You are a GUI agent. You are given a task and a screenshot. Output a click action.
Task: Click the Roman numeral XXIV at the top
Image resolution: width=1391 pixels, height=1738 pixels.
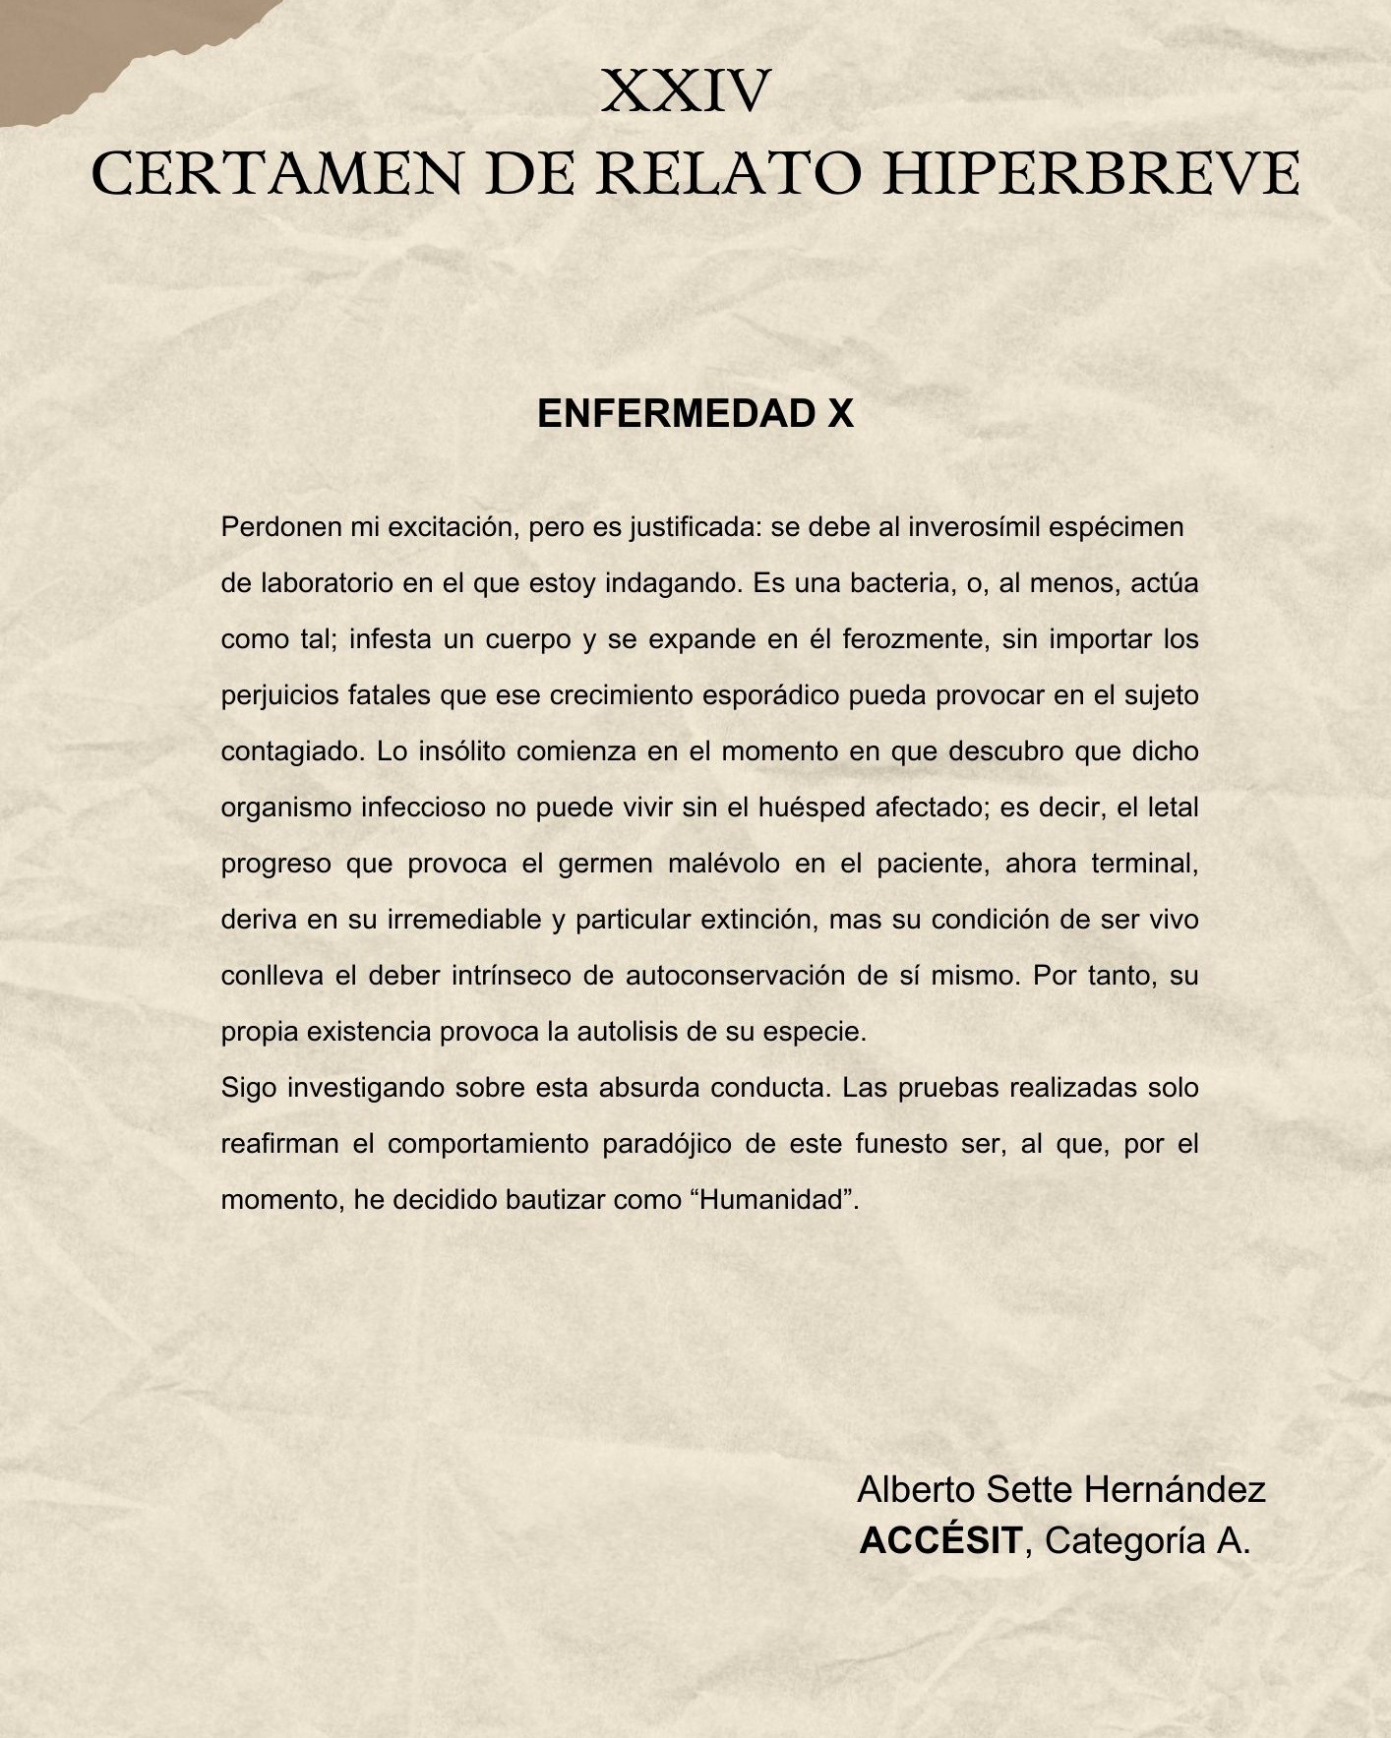coord(686,91)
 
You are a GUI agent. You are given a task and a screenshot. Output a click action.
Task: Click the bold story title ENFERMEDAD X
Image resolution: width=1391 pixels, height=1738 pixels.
coord(695,414)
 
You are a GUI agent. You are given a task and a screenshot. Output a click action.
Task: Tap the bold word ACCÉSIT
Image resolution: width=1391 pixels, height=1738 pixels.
coord(940,1540)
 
